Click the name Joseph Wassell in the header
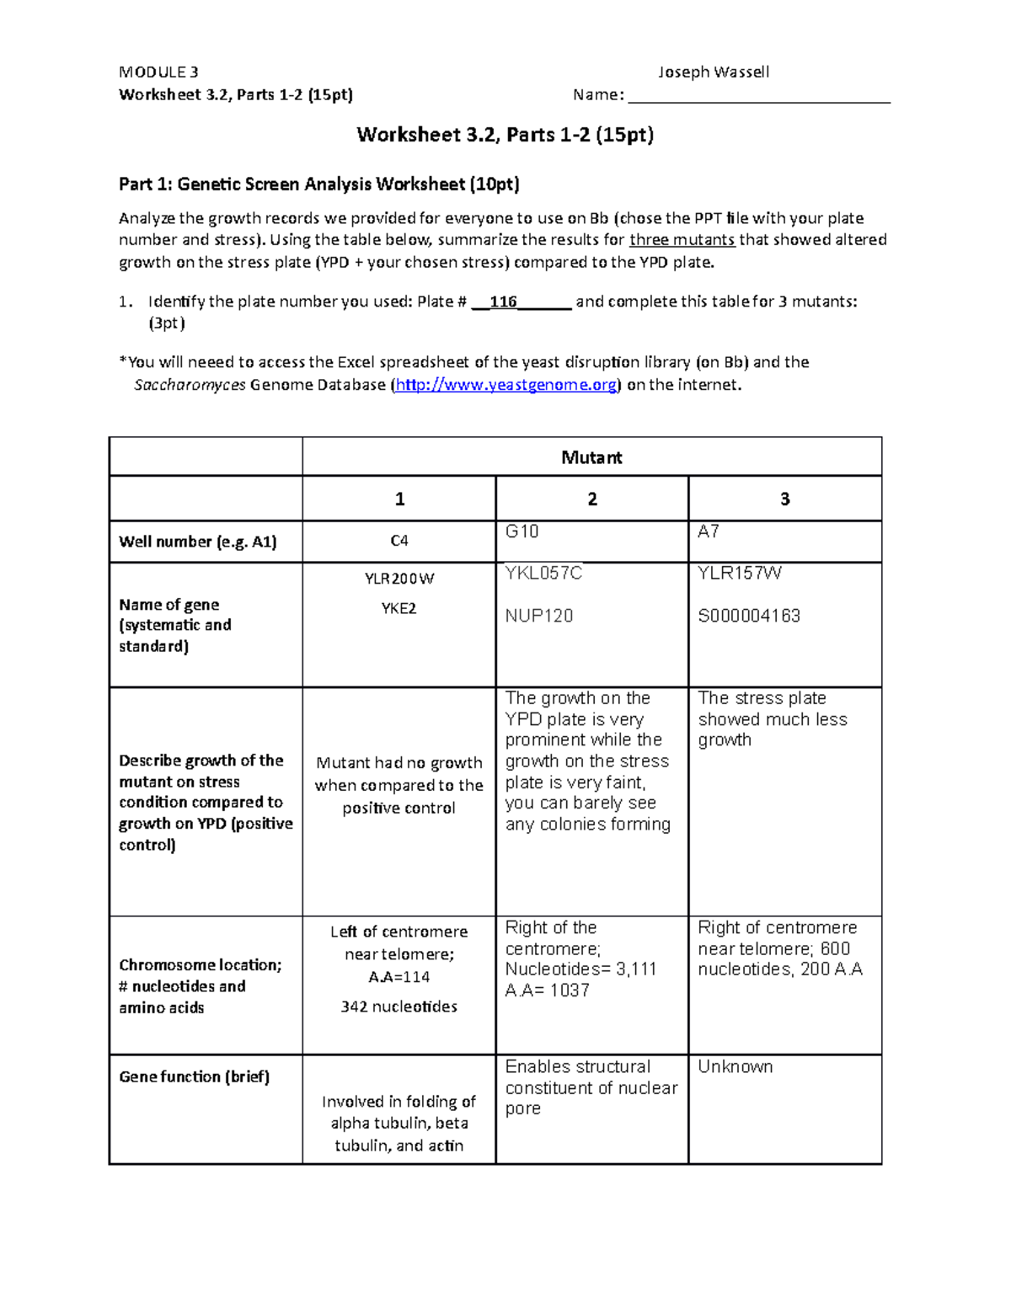pyautogui.click(x=713, y=72)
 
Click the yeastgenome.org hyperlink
pyautogui.click(x=507, y=385)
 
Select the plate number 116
pyautogui.click(x=503, y=302)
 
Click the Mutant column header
pyautogui.click(x=591, y=457)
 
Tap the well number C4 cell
pyautogui.click(x=399, y=541)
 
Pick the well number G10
pyautogui.click(x=522, y=531)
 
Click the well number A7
pyautogui.click(x=708, y=531)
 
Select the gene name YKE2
pyautogui.click(x=399, y=608)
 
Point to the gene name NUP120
pyautogui.click(x=538, y=616)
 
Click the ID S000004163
pyautogui.click(x=748, y=616)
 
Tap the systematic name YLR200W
pyautogui.click(x=399, y=579)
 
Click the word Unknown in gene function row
pyautogui.click(x=735, y=1066)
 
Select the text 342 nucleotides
pyautogui.click(x=399, y=1006)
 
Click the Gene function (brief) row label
pyautogui.click(x=194, y=1076)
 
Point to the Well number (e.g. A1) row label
pyautogui.click(x=197, y=542)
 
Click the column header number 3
pyautogui.click(x=784, y=499)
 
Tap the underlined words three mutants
pyautogui.click(x=682, y=239)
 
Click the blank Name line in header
pyautogui.click(x=758, y=95)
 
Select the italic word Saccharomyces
pyautogui.click(x=190, y=385)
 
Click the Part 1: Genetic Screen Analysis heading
pyautogui.click(x=318, y=184)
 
